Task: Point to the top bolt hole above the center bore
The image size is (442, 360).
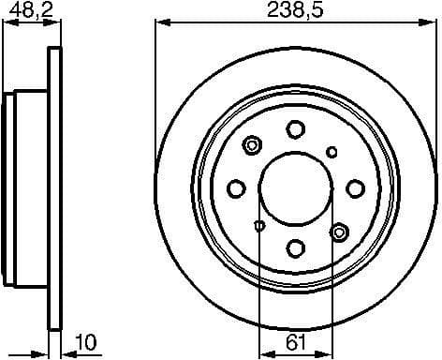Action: click(295, 128)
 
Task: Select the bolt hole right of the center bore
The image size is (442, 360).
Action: click(355, 188)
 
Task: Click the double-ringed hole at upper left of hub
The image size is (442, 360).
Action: click(252, 145)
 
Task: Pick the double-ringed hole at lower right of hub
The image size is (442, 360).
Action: click(339, 231)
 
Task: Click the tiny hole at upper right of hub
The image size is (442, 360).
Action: click(331, 152)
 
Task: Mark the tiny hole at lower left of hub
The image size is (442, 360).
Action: click(259, 225)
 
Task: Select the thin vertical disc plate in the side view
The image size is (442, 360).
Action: click(54, 187)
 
